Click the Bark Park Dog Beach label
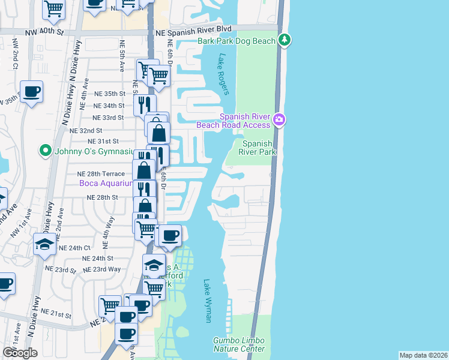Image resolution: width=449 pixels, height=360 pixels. [x=237, y=41]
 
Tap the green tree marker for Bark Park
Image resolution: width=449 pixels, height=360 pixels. [x=285, y=41]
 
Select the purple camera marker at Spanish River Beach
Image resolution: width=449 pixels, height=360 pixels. [x=279, y=120]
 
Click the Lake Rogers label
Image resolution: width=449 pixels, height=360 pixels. [x=223, y=74]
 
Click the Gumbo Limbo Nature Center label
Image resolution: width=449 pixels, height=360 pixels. [x=238, y=344]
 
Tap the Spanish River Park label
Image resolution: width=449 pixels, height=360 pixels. [x=259, y=148]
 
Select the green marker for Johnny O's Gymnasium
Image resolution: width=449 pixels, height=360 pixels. [x=44, y=150]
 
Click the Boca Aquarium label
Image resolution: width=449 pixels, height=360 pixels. [x=106, y=183]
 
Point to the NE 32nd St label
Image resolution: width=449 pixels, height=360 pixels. [x=86, y=130]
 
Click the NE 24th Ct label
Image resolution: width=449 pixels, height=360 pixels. [x=74, y=247]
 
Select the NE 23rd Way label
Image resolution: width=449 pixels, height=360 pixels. [x=102, y=269]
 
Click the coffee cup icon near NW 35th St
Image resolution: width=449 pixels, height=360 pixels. [x=31, y=92]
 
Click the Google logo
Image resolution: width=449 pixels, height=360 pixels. [x=20, y=353]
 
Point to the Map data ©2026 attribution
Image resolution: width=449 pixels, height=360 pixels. [x=423, y=355]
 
